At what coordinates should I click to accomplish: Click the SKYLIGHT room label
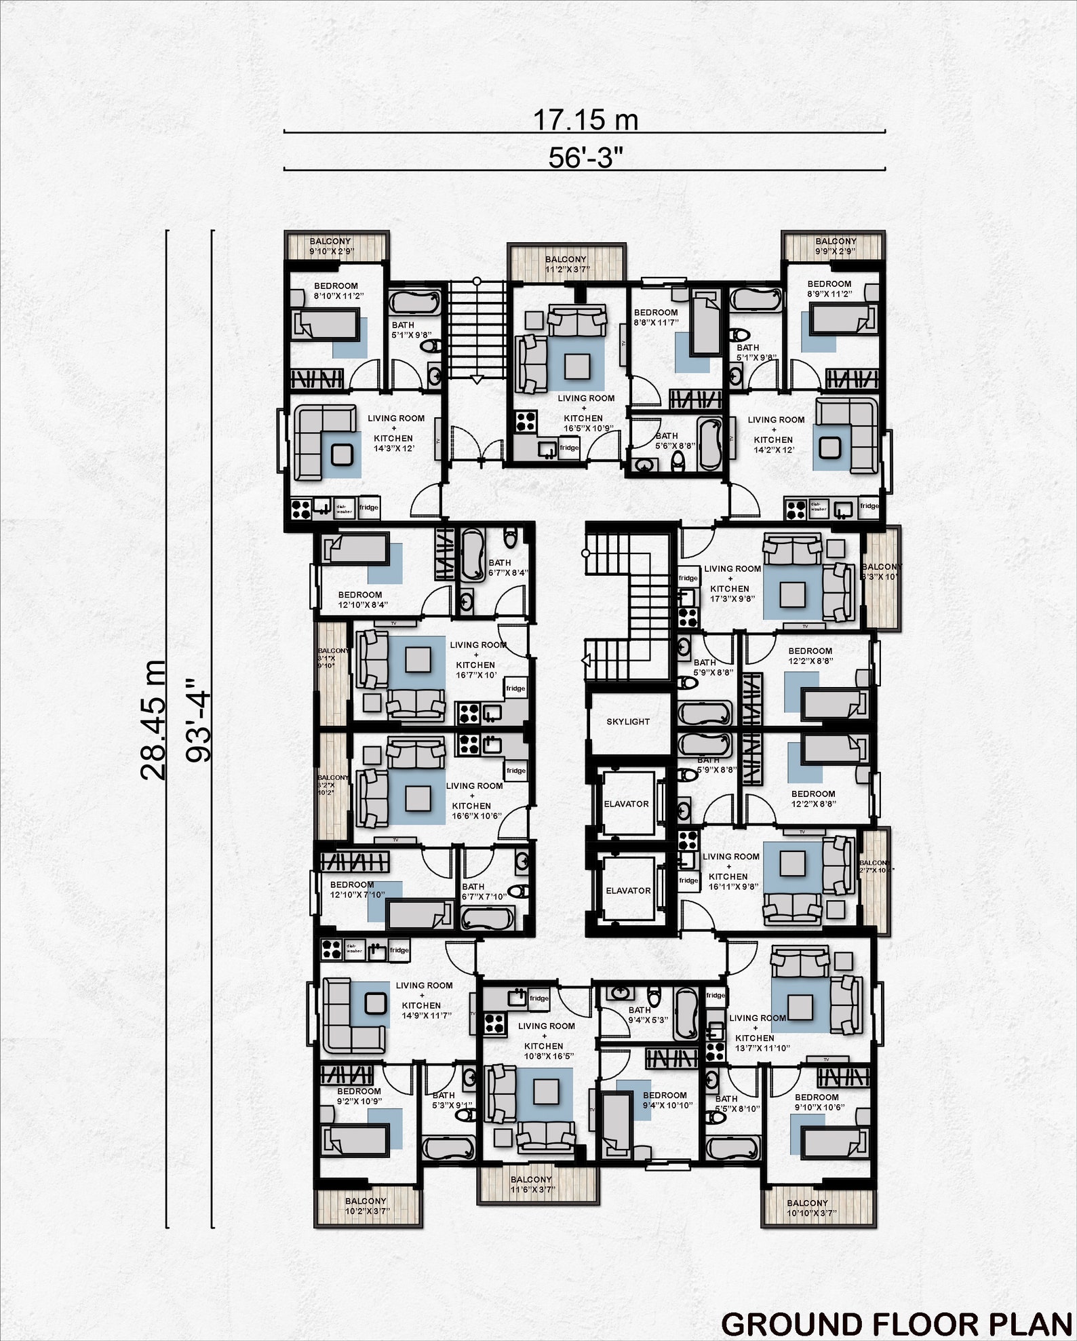(628, 722)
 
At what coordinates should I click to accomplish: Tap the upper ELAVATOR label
(626, 804)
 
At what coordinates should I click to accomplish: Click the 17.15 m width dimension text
(585, 120)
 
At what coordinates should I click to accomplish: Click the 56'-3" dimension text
(585, 157)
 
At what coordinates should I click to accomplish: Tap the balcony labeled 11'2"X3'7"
(566, 264)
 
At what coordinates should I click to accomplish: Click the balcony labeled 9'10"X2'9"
(331, 246)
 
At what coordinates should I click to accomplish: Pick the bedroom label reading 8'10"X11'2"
(337, 291)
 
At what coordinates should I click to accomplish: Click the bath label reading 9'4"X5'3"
(647, 1015)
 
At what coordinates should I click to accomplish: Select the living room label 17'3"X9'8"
(731, 583)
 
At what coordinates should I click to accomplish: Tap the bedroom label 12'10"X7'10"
(355, 889)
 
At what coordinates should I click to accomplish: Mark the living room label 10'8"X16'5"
(547, 1041)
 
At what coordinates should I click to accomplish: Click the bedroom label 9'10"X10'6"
(818, 1102)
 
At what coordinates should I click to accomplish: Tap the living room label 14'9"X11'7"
(425, 1000)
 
